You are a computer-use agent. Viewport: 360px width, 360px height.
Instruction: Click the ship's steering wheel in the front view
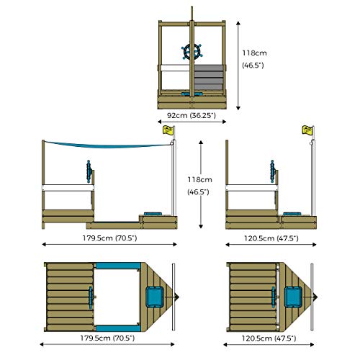click(x=192, y=52)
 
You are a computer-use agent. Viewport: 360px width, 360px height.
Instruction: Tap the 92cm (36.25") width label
click(x=192, y=115)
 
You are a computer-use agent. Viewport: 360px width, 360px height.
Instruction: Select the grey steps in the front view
click(x=208, y=77)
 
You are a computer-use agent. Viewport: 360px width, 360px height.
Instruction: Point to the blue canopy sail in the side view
click(x=107, y=145)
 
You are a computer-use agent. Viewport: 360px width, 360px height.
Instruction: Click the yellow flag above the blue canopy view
click(x=168, y=130)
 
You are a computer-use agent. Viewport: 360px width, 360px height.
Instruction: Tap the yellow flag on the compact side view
click(x=307, y=130)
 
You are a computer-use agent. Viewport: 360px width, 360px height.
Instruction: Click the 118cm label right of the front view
click(x=254, y=59)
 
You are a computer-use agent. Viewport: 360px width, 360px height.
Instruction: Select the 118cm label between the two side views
click(x=199, y=186)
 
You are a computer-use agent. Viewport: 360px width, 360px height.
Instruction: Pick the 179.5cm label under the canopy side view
click(x=109, y=238)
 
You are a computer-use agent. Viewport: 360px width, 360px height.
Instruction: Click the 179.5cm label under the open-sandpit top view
click(x=107, y=338)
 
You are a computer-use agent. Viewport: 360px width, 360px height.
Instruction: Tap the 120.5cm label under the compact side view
click(x=271, y=238)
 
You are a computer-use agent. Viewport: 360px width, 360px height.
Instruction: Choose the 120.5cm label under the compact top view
click(x=269, y=338)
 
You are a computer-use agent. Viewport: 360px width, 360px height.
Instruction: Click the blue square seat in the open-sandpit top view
click(x=155, y=297)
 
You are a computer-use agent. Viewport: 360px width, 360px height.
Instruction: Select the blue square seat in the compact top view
click(x=293, y=297)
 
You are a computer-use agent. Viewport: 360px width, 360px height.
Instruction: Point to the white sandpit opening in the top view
click(x=117, y=297)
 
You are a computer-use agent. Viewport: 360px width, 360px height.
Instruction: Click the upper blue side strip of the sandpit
click(x=118, y=266)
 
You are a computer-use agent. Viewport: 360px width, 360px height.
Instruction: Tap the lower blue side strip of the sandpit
click(x=118, y=328)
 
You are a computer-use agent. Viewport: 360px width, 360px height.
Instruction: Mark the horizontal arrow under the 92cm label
click(x=192, y=122)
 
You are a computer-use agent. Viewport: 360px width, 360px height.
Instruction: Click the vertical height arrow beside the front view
click(x=238, y=66)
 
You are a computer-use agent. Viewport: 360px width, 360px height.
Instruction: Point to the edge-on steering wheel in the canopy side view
click(x=89, y=171)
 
